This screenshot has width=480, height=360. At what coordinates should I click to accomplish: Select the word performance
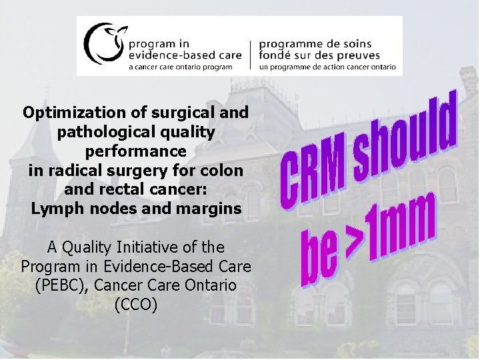point(136,151)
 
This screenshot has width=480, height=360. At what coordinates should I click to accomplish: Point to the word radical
point(68,170)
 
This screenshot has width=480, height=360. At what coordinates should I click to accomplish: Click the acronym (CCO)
point(136,305)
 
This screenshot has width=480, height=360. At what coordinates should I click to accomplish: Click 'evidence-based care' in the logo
point(178,55)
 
